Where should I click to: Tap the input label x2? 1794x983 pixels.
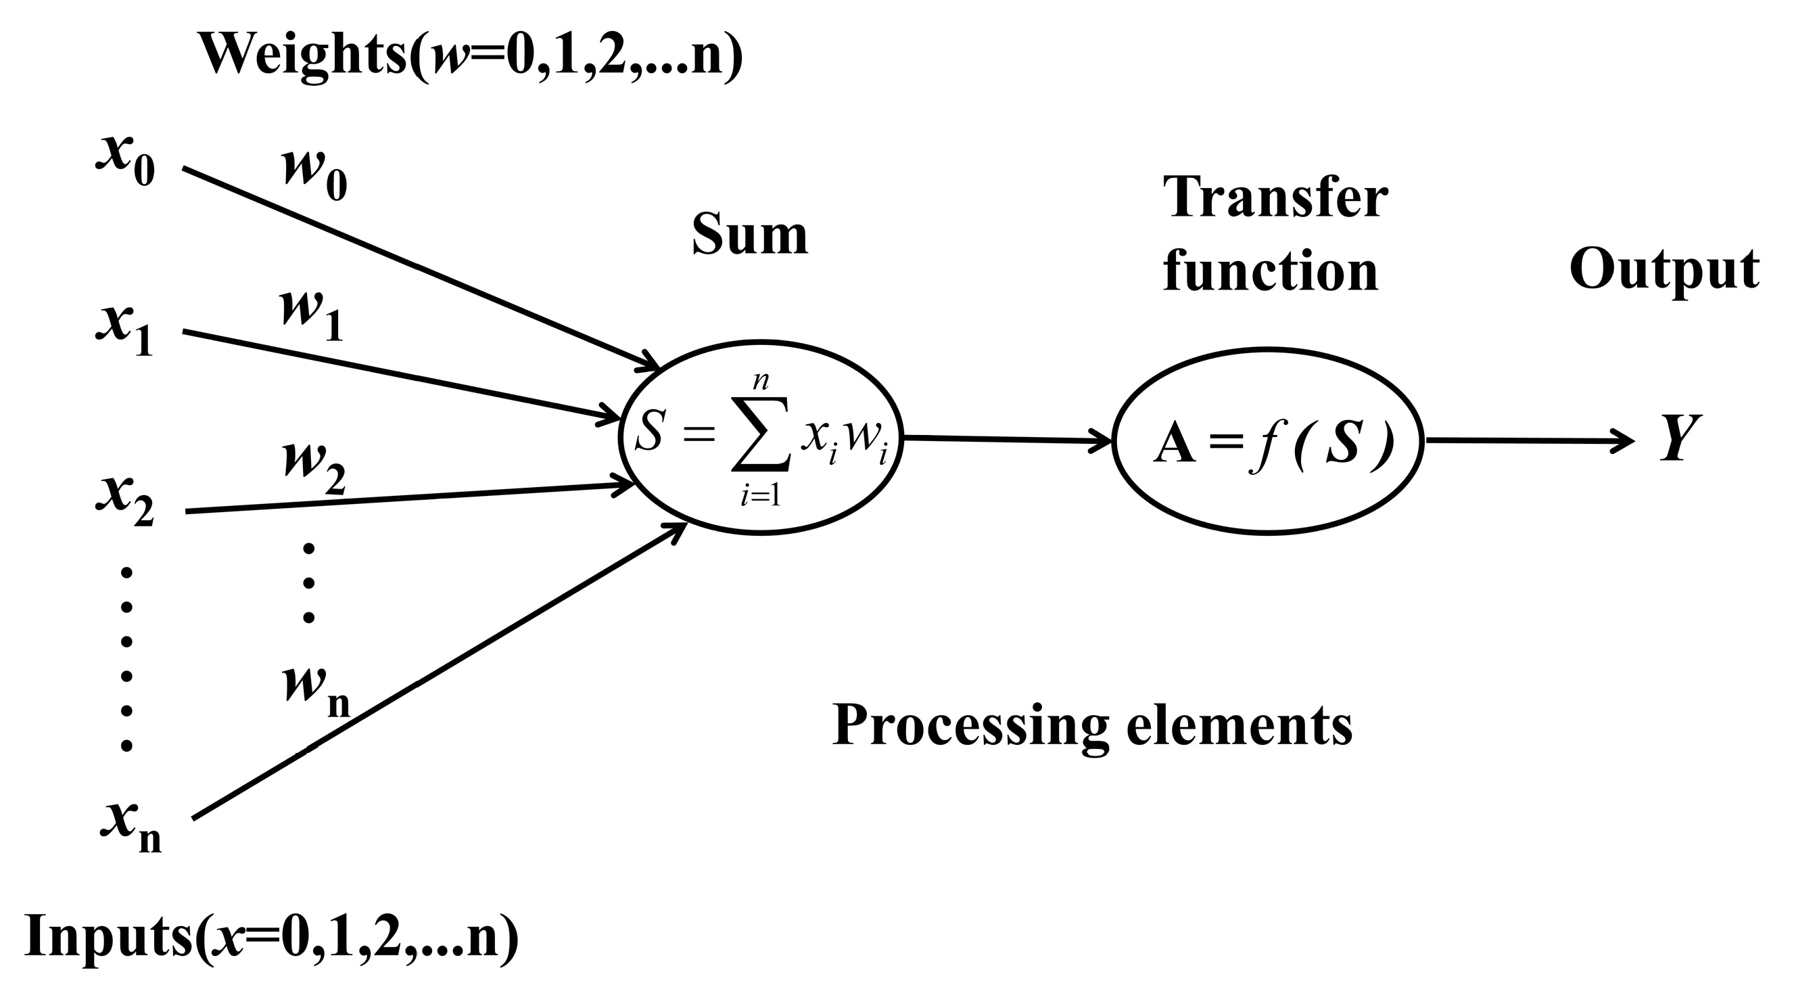point(125,501)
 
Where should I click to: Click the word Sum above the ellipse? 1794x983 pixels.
point(750,235)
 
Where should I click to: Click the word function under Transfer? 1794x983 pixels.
point(1271,272)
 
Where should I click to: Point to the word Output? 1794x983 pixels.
point(1664,271)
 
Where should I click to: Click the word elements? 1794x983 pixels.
point(1240,726)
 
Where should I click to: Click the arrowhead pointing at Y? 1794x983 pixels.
point(1623,441)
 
